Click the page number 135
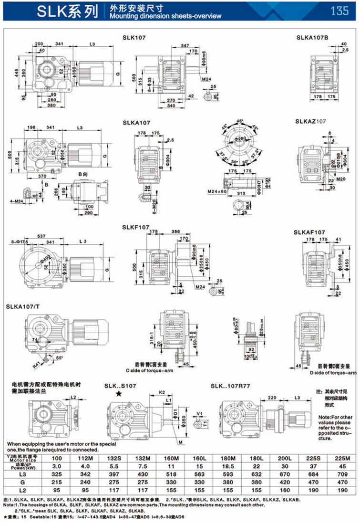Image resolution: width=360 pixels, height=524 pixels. [x=339, y=10]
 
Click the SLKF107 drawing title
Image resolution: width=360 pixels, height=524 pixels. [x=136, y=227]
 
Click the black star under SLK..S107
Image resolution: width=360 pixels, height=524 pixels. [x=117, y=394]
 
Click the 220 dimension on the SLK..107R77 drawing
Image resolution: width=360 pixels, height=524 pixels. [x=272, y=397]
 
